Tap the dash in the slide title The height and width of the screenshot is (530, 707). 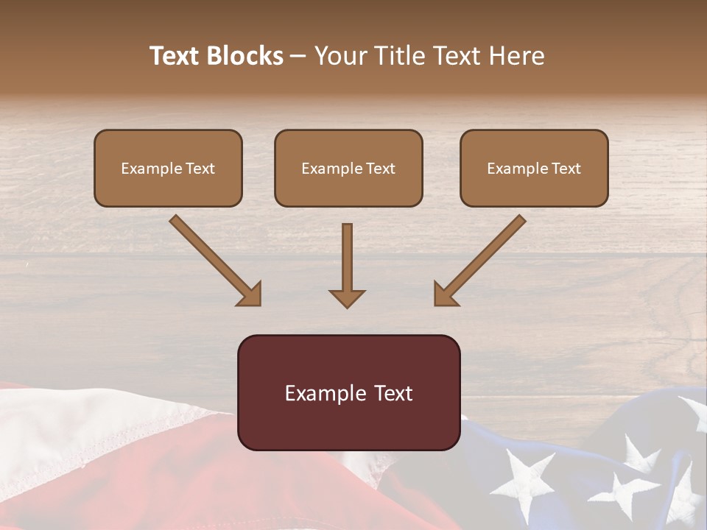pos(298,56)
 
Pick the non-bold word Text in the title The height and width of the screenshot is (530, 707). pos(454,56)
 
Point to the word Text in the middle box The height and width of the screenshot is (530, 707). pos(381,169)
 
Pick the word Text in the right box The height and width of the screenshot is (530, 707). pos(566,169)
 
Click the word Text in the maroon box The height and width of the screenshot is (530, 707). pos(394,393)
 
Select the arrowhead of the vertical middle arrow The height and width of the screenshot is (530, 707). pos(347,297)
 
